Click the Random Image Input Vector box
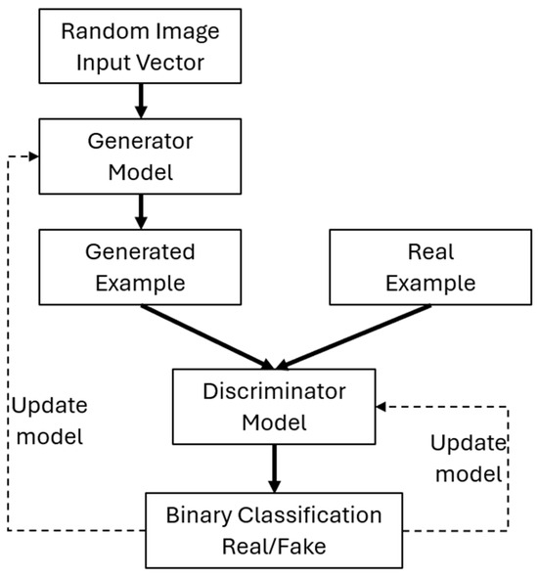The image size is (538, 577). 140,46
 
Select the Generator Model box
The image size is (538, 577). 140,156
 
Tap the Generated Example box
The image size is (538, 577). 140,267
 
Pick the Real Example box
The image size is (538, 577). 430,267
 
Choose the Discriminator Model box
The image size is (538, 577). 274,407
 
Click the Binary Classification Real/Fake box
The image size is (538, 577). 274,530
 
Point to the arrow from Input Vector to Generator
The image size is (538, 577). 141,101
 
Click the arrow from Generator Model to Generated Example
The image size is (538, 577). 141,211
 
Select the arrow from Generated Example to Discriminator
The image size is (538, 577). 207,336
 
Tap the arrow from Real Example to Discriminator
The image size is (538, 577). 353,336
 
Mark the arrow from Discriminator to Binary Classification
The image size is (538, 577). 274,468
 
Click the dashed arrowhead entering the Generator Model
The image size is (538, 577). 34,156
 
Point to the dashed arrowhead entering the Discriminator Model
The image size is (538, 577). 381,407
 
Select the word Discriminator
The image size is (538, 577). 274,391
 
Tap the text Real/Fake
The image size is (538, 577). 274,546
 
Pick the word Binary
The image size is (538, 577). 199,516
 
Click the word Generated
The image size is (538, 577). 140,252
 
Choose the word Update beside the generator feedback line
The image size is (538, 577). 50,407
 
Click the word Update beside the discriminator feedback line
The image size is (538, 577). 469,443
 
